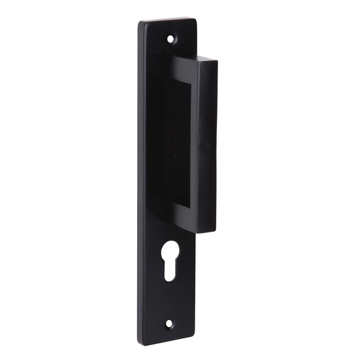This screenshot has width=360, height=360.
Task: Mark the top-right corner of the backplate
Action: point(196,20)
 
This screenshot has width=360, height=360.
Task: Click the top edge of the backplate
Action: point(169,20)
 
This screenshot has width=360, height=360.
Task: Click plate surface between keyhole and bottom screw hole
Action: point(169,301)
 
